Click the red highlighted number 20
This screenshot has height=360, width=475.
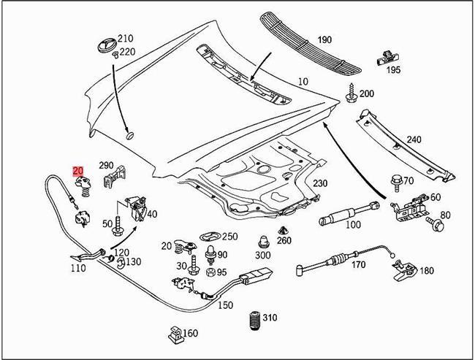coord(77,172)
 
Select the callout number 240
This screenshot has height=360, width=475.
coord(414,140)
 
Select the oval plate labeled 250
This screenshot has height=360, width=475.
coord(209,237)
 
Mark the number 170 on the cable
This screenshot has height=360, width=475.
coord(359,264)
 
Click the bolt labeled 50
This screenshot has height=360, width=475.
coord(118,229)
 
